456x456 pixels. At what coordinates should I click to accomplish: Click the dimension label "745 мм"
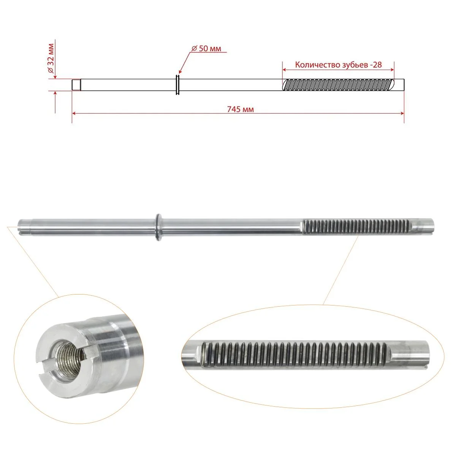240,109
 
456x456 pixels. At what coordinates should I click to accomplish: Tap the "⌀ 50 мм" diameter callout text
206,49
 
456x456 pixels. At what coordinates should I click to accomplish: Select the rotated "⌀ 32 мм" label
51,58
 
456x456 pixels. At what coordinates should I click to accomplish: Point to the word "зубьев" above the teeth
351,65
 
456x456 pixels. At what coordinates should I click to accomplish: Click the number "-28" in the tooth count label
375,65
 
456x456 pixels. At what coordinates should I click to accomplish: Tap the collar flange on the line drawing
178,85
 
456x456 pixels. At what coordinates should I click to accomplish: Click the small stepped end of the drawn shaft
76,85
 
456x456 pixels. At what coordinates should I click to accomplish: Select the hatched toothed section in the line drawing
339,85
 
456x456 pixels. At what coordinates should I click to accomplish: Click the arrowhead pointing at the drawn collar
180,71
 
